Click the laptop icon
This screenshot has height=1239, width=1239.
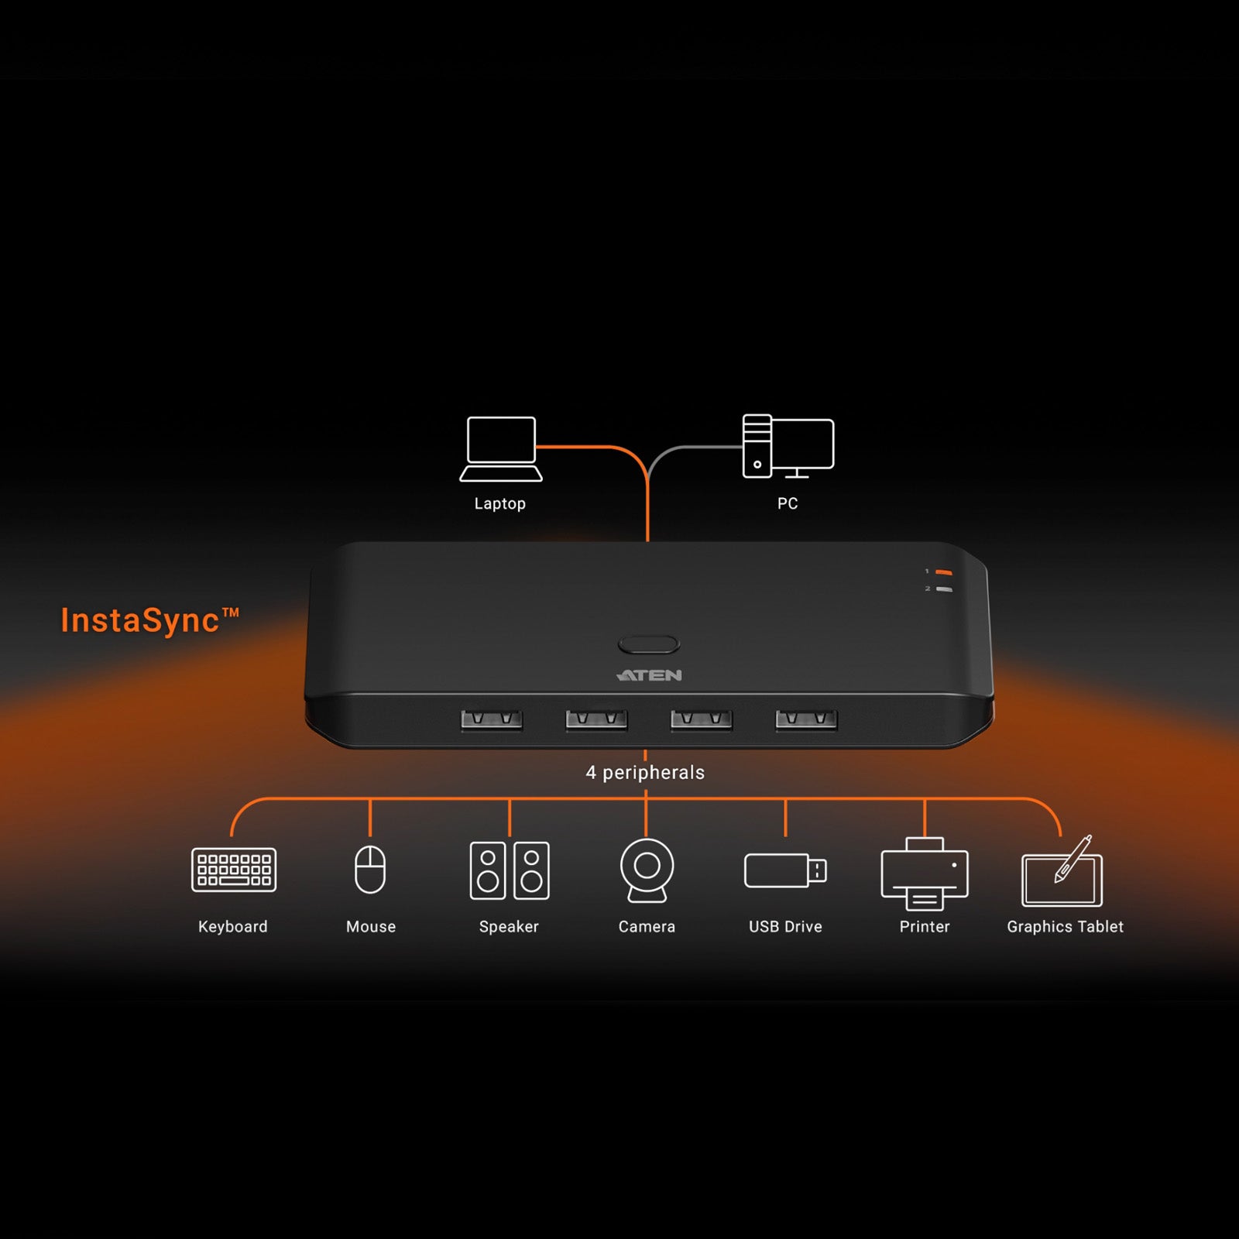501,449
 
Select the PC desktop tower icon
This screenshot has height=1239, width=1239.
788,446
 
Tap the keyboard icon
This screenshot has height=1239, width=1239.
234,870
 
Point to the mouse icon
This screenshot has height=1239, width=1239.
370,869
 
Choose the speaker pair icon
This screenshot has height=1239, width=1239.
510,870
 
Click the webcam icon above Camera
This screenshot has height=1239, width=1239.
647,870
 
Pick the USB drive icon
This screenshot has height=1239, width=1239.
785,870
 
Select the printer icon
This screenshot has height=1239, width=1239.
925,873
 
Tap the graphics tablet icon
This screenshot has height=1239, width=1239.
1062,871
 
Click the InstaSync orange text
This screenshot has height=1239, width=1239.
150,621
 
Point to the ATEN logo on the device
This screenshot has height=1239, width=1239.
650,675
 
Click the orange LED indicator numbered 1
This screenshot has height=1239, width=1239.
943,572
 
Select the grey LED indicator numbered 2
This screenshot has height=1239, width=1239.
943,589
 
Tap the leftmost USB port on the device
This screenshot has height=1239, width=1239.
492,720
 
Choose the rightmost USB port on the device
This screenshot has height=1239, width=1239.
806,720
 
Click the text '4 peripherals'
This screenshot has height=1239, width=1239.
645,772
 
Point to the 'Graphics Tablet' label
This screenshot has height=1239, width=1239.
1065,927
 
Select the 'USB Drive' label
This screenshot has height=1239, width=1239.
785,927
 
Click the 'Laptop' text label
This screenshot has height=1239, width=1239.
500,504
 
